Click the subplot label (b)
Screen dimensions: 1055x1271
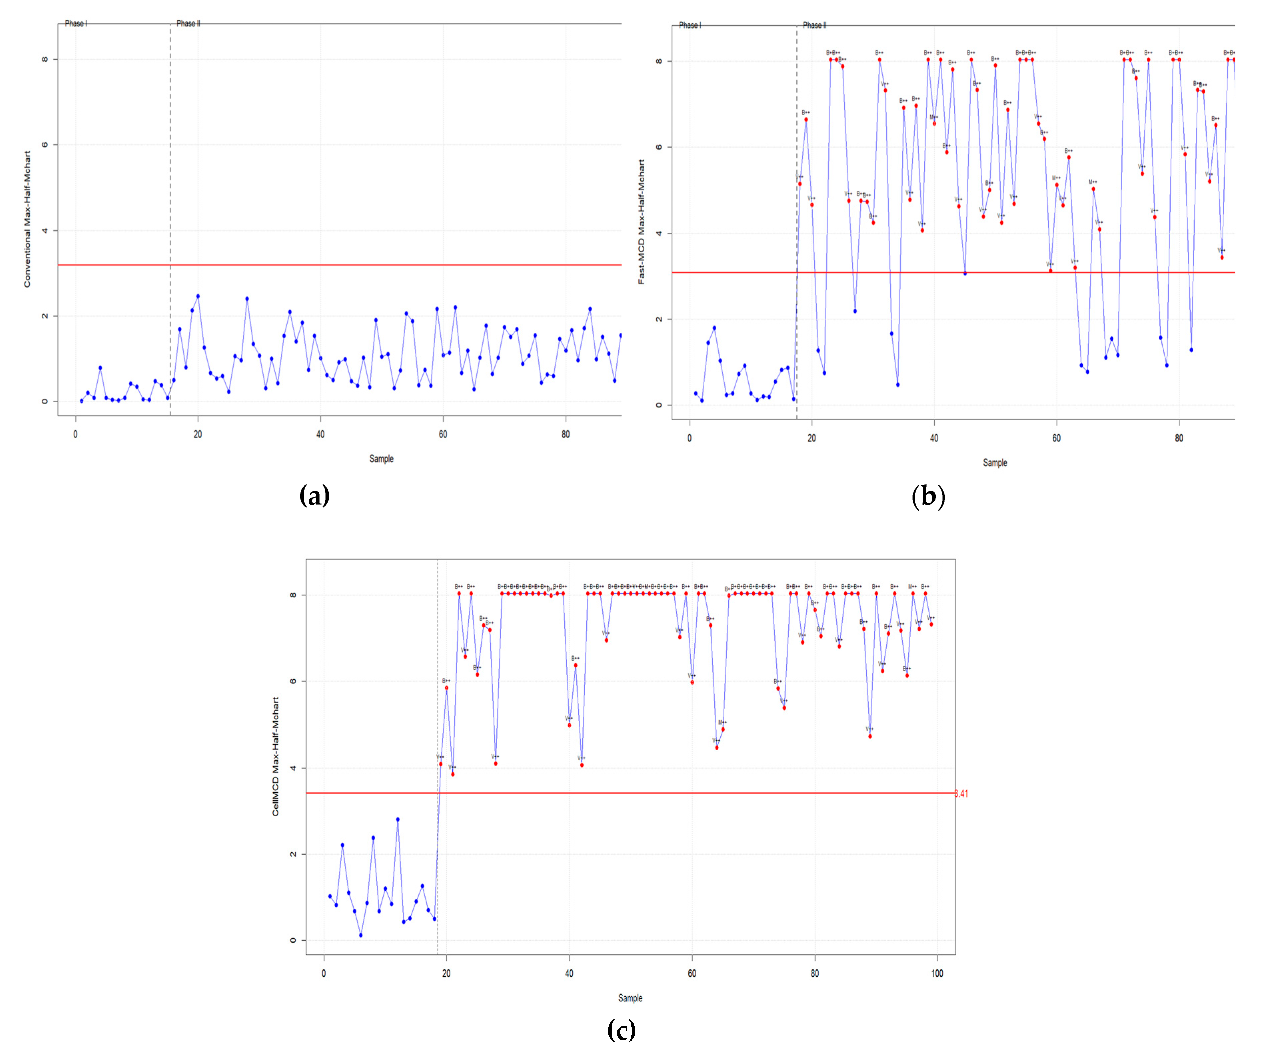point(928,496)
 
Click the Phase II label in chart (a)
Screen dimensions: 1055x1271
point(188,24)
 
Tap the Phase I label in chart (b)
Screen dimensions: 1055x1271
point(690,25)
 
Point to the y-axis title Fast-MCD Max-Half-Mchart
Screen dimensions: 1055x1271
point(642,222)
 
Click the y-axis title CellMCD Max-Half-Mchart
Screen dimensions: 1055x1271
point(276,756)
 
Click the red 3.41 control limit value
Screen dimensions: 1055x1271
point(962,794)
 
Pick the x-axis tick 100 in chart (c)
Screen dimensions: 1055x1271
point(937,973)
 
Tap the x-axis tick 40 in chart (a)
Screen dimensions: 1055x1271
point(320,434)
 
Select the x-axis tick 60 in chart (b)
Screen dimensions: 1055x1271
point(1056,438)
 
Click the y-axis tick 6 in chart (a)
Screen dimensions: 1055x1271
point(45,145)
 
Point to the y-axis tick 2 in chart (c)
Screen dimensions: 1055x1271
point(294,854)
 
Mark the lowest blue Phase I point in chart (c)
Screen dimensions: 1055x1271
point(361,935)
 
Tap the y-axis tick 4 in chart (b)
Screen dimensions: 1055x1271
point(659,233)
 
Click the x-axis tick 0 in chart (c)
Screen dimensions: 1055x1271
point(324,973)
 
